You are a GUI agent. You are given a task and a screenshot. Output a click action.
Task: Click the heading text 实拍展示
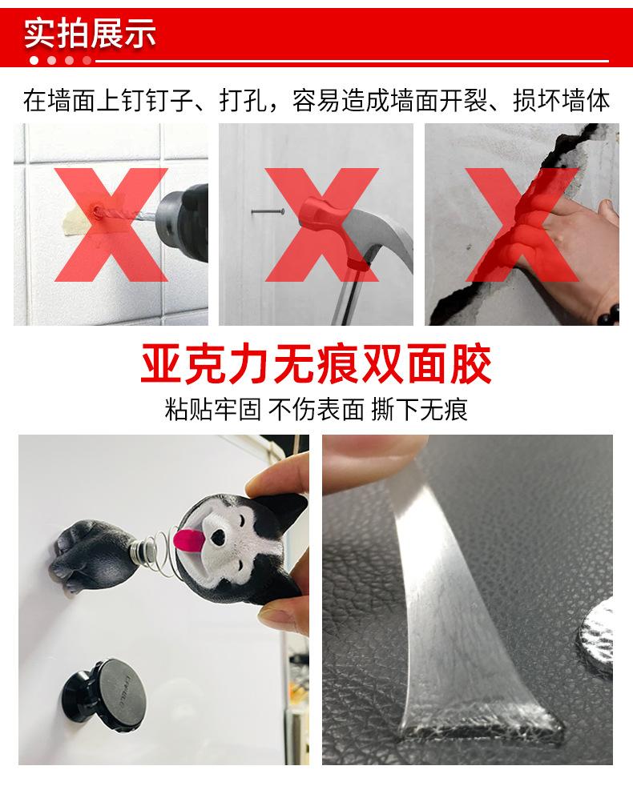pos(90,34)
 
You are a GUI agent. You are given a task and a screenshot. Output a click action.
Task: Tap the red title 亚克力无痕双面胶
pos(316,365)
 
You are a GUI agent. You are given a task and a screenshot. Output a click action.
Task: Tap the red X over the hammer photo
pos(321,226)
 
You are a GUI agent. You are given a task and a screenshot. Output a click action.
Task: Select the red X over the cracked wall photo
pos(522,226)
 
